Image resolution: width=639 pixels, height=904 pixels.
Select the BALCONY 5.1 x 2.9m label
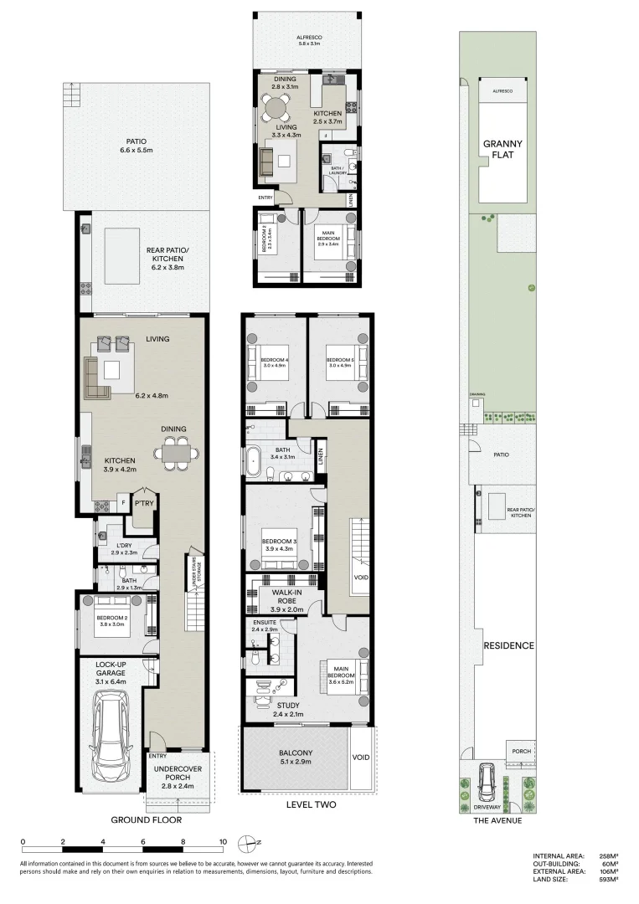pyautogui.click(x=295, y=758)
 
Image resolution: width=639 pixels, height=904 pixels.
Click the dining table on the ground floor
pyautogui.click(x=178, y=453)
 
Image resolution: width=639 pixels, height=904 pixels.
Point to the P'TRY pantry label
pyautogui.click(x=140, y=504)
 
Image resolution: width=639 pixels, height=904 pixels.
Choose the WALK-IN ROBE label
pyautogui.click(x=281, y=596)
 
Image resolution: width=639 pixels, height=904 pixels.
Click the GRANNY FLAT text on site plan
pyautogui.click(x=502, y=149)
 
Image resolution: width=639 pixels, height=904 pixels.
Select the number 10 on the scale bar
pyautogui.click(x=223, y=842)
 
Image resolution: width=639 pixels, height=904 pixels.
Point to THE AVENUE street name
pyautogui.click(x=498, y=820)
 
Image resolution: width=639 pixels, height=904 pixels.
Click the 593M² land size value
pyautogui.click(x=606, y=879)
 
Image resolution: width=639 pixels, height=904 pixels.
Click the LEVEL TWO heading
pyautogui.click(x=310, y=805)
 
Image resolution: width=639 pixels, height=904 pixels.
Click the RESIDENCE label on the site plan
pyautogui.click(x=509, y=645)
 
